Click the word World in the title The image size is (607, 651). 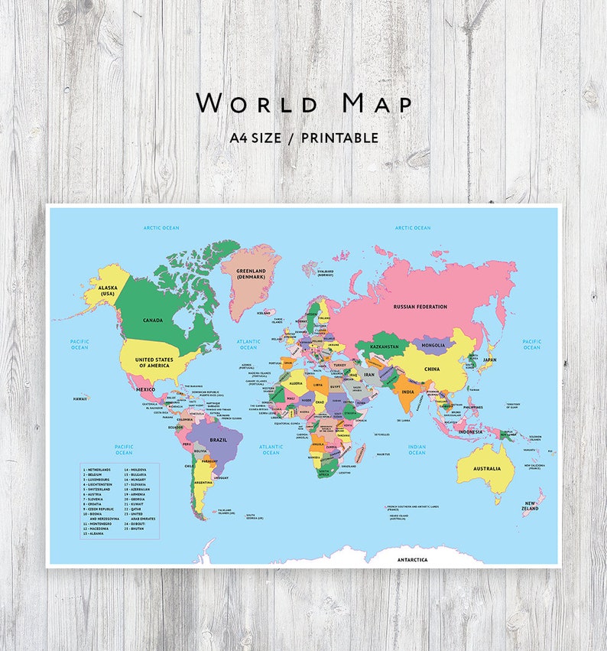click(x=243, y=103)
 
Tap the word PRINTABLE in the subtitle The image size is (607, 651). click(x=339, y=138)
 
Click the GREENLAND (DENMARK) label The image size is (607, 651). click(x=251, y=273)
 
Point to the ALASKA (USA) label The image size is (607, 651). click(x=107, y=291)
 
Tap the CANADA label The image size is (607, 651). click(x=152, y=320)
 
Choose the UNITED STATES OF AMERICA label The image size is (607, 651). click(x=154, y=362)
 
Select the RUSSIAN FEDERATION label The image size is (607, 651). click(x=420, y=307)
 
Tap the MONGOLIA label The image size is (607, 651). click(x=433, y=345)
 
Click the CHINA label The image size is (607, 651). click(x=432, y=369)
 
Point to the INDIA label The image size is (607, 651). click(x=408, y=392)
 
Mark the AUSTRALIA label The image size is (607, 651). click(x=487, y=469)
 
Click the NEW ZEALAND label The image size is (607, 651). click(x=531, y=506)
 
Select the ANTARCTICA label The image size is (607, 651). click(x=413, y=560)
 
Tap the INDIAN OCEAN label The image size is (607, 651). click(x=417, y=450)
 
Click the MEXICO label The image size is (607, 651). click(x=145, y=389)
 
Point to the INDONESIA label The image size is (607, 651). click(x=470, y=431)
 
